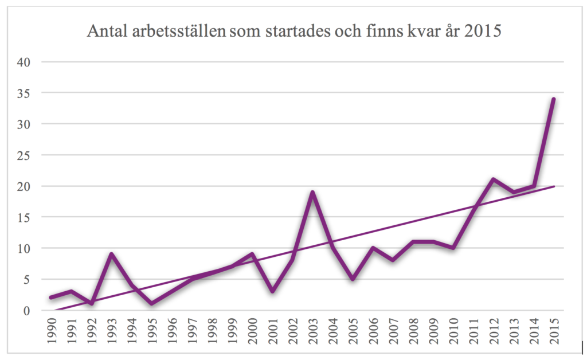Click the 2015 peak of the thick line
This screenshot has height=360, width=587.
(x=553, y=99)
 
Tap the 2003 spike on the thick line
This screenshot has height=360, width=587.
(x=312, y=192)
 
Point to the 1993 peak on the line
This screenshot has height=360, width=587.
(x=112, y=255)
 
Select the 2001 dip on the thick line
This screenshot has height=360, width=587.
(x=272, y=291)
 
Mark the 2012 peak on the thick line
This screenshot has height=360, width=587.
(x=493, y=179)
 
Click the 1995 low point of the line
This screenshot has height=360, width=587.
(x=152, y=304)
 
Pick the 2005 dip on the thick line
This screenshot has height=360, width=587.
(x=353, y=279)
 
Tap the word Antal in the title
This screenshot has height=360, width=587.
(x=104, y=32)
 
